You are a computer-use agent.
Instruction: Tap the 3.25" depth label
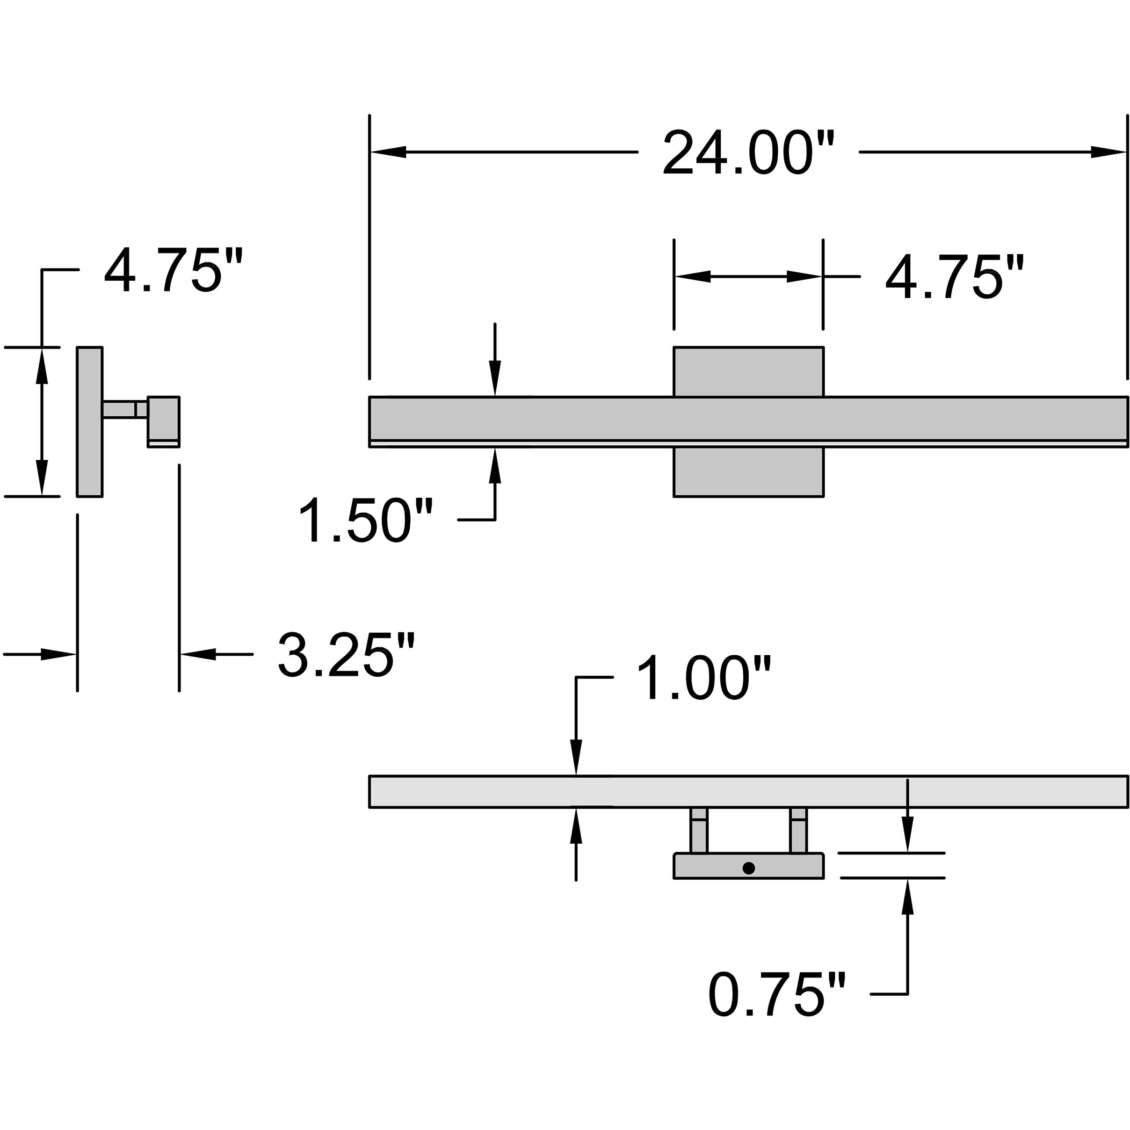coord(346,655)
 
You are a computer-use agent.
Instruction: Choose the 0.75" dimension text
coord(777,994)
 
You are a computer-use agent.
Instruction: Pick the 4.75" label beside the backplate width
coord(955,277)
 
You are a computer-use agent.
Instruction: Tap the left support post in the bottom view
coord(699,831)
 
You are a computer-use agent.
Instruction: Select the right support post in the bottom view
coord(798,831)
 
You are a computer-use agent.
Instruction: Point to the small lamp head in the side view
coord(164,420)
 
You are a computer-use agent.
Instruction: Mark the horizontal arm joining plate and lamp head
coord(124,409)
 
